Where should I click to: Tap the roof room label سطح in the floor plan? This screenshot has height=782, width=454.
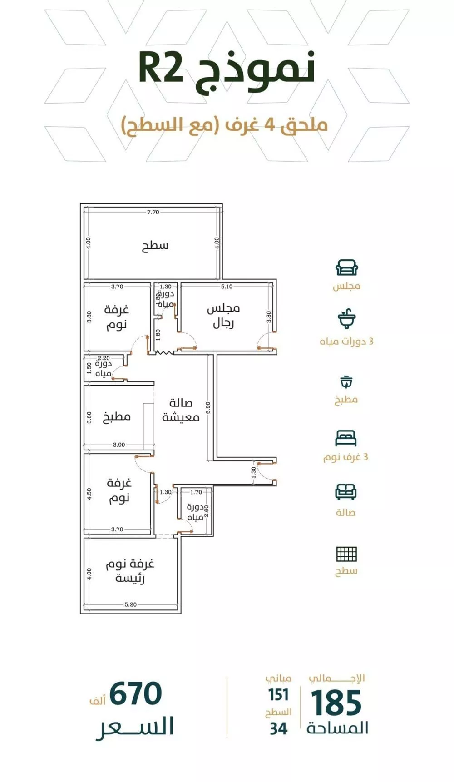[155, 246]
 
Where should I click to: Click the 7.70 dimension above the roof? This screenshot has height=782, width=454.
[153, 212]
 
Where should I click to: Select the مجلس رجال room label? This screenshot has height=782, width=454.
[223, 316]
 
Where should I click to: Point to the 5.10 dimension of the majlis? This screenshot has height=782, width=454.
[227, 287]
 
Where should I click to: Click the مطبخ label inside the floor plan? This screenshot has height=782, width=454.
[117, 416]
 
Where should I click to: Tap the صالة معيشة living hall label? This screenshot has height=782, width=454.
[181, 410]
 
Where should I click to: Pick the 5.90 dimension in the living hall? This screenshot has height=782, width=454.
[208, 407]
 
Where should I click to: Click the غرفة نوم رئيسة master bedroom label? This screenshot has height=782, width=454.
[130, 571]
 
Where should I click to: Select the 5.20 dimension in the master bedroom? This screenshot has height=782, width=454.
[130, 604]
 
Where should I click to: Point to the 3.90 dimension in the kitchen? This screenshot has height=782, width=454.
[118, 445]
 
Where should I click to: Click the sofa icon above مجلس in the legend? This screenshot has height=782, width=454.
[347, 268]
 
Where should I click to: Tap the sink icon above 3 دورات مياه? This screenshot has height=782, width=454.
[347, 319]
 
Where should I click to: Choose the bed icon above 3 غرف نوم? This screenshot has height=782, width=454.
[346, 438]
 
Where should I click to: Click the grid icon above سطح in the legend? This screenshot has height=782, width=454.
[346, 554]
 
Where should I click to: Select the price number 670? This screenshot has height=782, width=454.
[135, 693]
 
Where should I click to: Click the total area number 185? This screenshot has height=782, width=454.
[336, 703]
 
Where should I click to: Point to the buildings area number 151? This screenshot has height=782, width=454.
[278, 695]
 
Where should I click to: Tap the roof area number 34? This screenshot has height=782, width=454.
[278, 729]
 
